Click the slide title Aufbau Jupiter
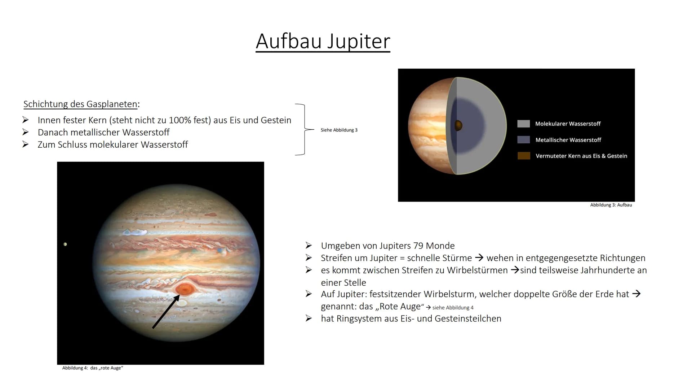click(x=323, y=41)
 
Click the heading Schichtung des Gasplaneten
click(x=80, y=104)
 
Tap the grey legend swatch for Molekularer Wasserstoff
click(x=523, y=124)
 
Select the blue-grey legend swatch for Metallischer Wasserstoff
click(x=523, y=140)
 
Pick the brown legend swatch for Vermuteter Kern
click(x=524, y=156)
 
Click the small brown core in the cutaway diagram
click(x=458, y=125)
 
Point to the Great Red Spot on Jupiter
click(x=185, y=289)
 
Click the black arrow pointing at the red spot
click(x=166, y=311)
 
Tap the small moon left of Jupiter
click(x=65, y=244)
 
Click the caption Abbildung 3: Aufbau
click(x=611, y=205)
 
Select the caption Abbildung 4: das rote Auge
click(x=93, y=368)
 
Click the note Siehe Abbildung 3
click(x=339, y=130)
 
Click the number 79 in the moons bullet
click(x=418, y=246)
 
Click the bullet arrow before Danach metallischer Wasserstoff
click(x=25, y=132)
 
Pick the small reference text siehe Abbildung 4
click(x=453, y=308)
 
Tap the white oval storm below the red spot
click(x=182, y=303)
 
